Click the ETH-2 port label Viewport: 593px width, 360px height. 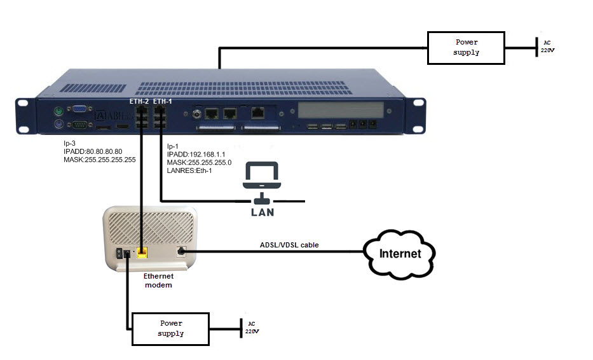pyautogui.click(x=139, y=101)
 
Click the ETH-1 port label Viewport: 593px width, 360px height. pyautogui.click(x=163, y=101)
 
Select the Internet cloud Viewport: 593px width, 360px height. pyautogui.click(x=400, y=254)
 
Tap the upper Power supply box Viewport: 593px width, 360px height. pyautogui.click(x=466, y=48)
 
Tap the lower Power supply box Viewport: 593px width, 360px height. pyautogui.click(x=170, y=328)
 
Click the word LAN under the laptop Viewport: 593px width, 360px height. pyautogui.click(x=262, y=211)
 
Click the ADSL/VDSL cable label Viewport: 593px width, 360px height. pyautogui.click(x=289, y=244)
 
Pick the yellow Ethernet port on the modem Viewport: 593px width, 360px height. pyautogui.click(x=142, y=252)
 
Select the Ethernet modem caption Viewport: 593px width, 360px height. pyautogui.click(x=158, y=280)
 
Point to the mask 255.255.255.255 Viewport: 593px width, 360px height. pyautogui.click(x=100, y=160)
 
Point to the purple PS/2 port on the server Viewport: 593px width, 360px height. pyautogui.click(x=57, y=124)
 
